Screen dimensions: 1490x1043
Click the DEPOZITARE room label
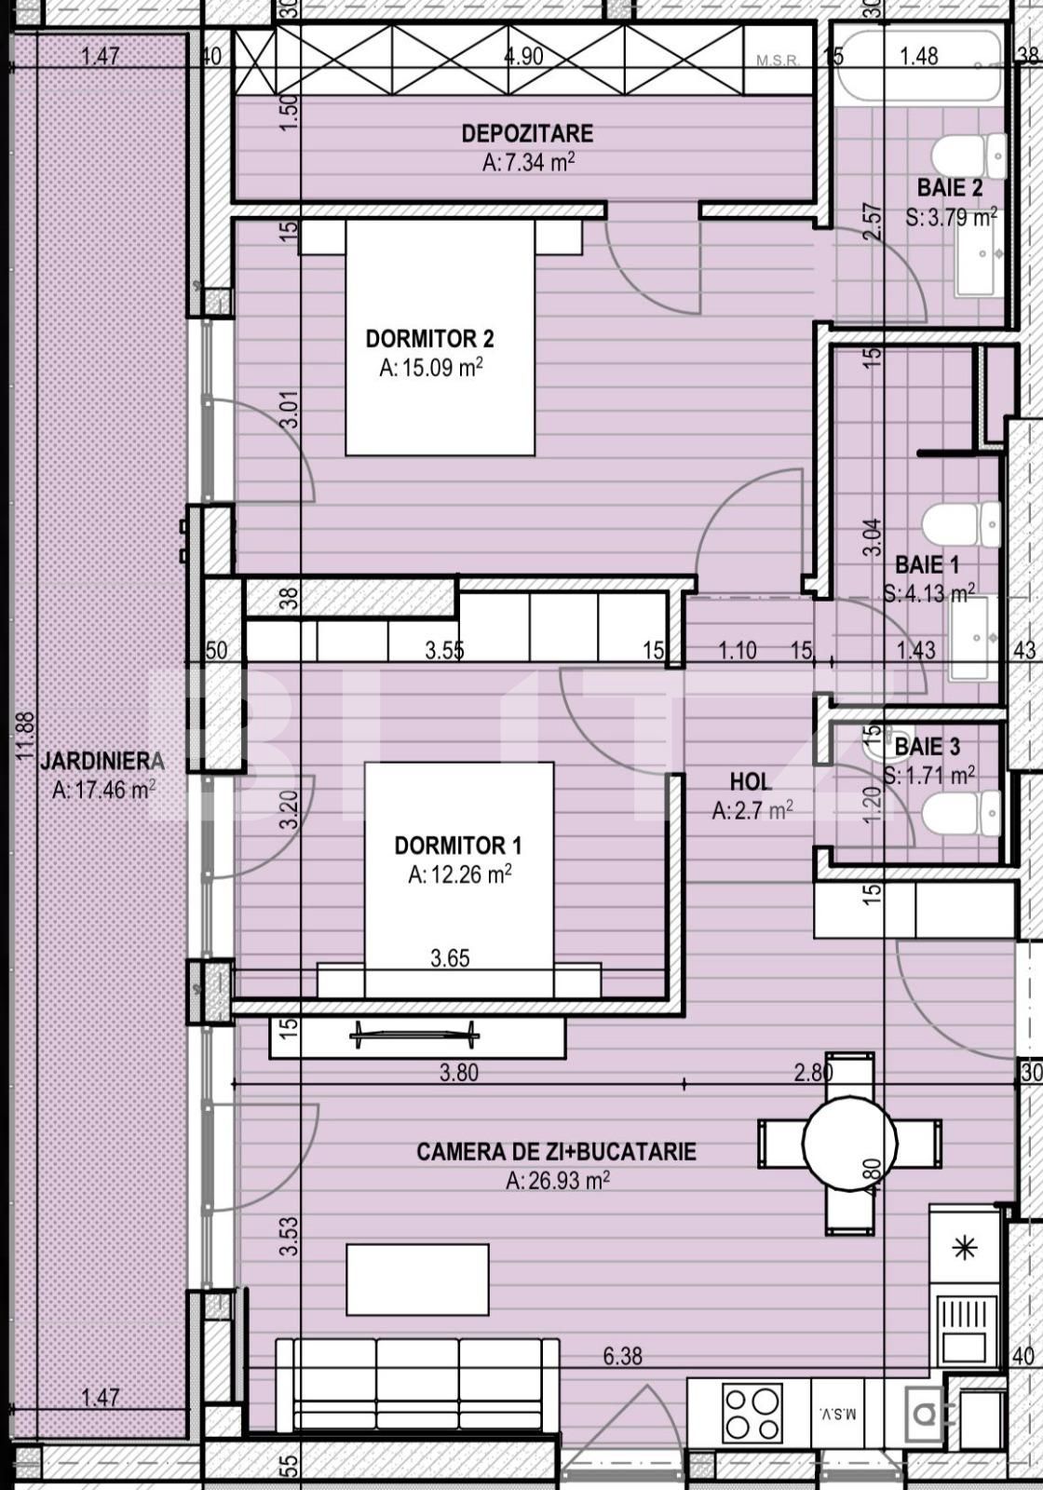(527, 133)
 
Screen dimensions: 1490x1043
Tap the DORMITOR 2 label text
(429, 338)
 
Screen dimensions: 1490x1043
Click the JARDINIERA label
(102, 761)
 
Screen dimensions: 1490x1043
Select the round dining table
(849, 1143)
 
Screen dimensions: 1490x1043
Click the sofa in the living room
(418, 1385)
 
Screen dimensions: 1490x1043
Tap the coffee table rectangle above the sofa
(417, 1280)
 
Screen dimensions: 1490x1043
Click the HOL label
(750, 781)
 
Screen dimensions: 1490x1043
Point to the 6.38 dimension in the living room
(621, 1356)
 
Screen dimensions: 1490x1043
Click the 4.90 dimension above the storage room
(523, 56)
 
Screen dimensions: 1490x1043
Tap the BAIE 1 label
(927, 564)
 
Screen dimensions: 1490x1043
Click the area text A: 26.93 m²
(557, 1181)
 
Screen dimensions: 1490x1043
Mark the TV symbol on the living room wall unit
(414, 1033)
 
